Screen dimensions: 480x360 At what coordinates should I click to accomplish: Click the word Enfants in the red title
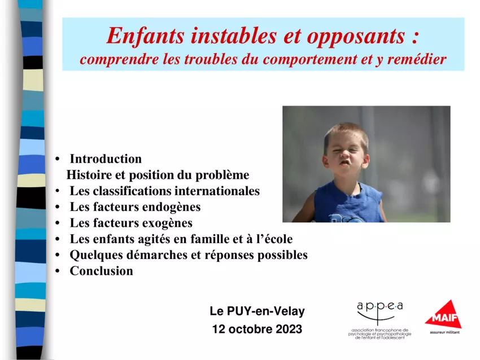(x=145, y=37)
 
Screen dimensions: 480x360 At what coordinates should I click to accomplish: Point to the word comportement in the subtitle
(x=310, y=60)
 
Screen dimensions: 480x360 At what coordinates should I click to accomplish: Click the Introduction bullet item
(x=106, y=159)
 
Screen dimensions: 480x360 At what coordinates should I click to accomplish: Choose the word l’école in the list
(x=274, y=239)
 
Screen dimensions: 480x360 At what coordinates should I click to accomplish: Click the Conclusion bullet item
(x=101, y=271)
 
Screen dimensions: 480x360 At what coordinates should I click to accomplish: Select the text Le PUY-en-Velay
(x=257, y=311)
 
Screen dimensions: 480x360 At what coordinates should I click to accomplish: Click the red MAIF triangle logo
(x=443, y=315)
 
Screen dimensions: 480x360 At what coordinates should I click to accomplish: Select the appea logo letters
(x=380, y=306)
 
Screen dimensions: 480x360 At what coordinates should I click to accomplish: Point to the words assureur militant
(x=444, y=332)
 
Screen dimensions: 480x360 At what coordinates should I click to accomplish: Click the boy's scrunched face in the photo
(x=346, y=155)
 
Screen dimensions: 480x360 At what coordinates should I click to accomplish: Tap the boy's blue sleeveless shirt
(x=348, y=203)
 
